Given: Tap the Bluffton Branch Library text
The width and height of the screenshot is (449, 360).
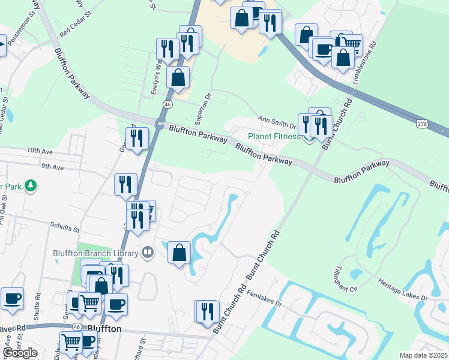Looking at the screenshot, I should coord(96,253).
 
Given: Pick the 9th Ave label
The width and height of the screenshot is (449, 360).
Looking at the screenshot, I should coord(53,167).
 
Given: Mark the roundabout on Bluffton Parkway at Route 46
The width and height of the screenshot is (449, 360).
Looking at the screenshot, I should coord(160,125).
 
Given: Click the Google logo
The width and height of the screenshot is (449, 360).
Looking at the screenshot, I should coord(20,353).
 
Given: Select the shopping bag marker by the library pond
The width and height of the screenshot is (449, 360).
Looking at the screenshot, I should coord(179,253).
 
